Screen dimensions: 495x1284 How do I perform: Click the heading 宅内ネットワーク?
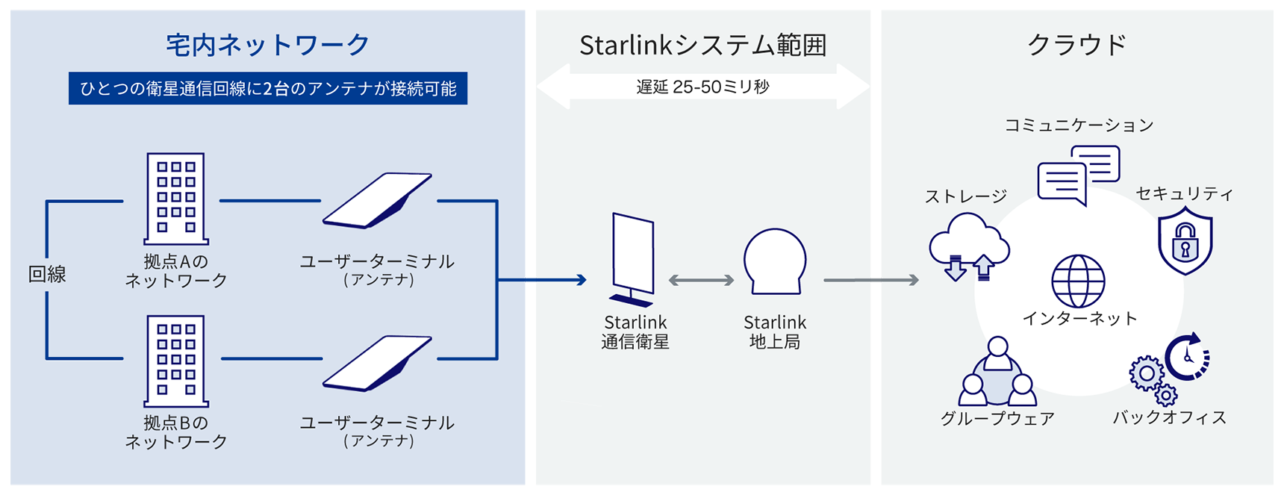pyautogui.click(x=267, y=45)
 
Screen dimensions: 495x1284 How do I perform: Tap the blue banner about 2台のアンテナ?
pyautogui.click(x=267, y=88)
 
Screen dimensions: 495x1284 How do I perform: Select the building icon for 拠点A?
pyautogui.click(x=175, y=199)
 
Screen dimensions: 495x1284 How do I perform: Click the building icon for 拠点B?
pyautogui.click(x=175, y=361)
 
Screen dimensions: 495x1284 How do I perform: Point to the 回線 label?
pyautogui.click(x=47, y=275)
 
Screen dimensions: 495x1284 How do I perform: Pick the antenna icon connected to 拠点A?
pyautogui.click(x=378, y=200)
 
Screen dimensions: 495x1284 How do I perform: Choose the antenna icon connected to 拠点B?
pyautogui.click(x=378, y=363)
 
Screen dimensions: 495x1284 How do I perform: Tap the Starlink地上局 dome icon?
pyautogui.click(x=775, y=261)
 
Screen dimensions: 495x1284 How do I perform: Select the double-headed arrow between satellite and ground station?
pyautogui.click(x=701, y=281)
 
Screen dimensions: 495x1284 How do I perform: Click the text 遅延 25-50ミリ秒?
pyautogui.click(x=702, y=87)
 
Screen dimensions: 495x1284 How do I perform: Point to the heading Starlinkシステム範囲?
pyautogui.click(x=702, y=46)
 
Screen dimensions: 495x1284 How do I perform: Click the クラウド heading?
pyautogui.click(x=1076, y=45)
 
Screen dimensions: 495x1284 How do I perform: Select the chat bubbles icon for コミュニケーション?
pyautogui.click(x=1079, y=175)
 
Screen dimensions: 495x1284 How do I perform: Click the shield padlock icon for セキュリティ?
pyautogui.click(x=1185, y=241)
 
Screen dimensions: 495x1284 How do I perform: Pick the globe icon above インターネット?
pyautogui.click(x=1078, y=281)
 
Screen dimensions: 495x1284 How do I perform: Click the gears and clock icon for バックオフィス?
pyautogui.click(x=1168, y=367)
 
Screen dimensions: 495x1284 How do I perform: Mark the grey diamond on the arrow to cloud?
pyautogui.click(x=876, y=280)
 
